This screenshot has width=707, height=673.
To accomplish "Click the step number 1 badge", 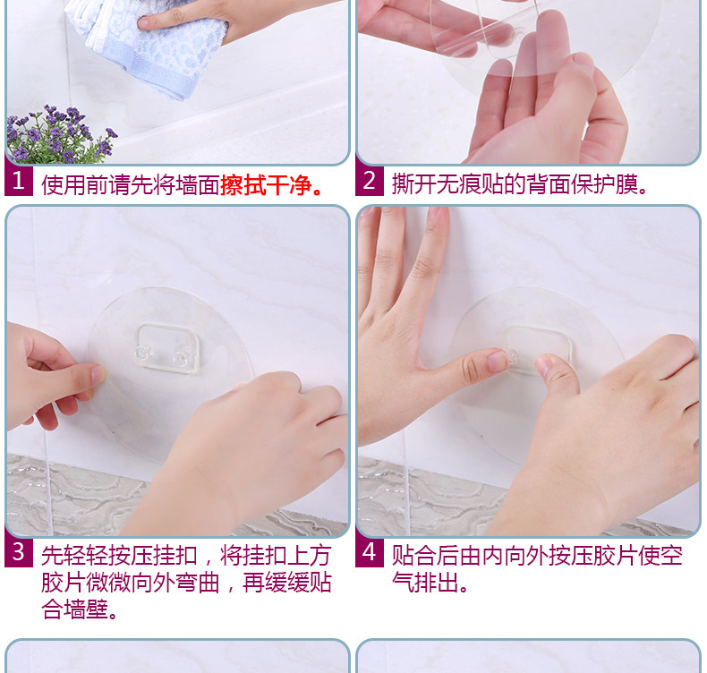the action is (19, 181).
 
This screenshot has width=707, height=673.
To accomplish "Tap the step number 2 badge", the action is (370, 181).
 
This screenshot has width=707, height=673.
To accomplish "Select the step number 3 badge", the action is (19, 552).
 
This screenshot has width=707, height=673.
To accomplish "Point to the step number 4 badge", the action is (370, 552).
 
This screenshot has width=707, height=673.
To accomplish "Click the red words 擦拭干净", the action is (266, 185).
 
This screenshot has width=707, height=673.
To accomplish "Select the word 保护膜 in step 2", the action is (604, 184).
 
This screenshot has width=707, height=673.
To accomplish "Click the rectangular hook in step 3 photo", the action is (166, 349).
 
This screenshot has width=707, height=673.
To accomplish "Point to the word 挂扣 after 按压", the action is (175, 556).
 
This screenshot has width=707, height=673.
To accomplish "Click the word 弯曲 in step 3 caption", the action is (197, 583).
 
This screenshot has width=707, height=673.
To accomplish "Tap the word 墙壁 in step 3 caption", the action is (86, 609).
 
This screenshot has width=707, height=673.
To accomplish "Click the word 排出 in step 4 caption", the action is (436, 583).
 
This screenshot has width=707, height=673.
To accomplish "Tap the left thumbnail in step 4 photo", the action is (498, 361).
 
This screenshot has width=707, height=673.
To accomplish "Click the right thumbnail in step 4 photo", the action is (544, 364).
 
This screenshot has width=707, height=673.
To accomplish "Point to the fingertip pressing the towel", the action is (145, 22).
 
